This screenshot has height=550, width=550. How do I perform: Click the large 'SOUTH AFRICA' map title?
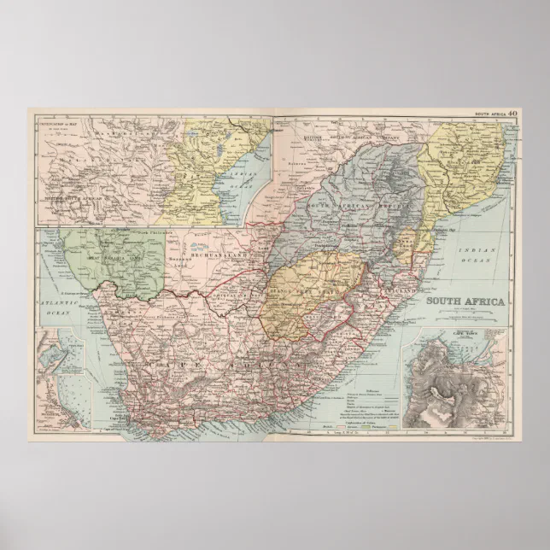[465, 301]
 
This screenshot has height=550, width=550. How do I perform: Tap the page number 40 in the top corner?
[512, 113]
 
